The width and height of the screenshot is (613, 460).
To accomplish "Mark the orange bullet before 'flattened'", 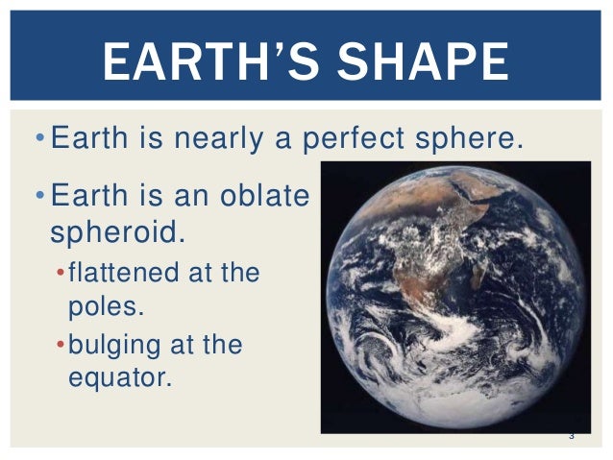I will point(60,274).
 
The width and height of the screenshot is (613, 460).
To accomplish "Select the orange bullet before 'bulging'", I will point(60,345).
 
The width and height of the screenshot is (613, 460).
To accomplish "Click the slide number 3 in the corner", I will point(571,437).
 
